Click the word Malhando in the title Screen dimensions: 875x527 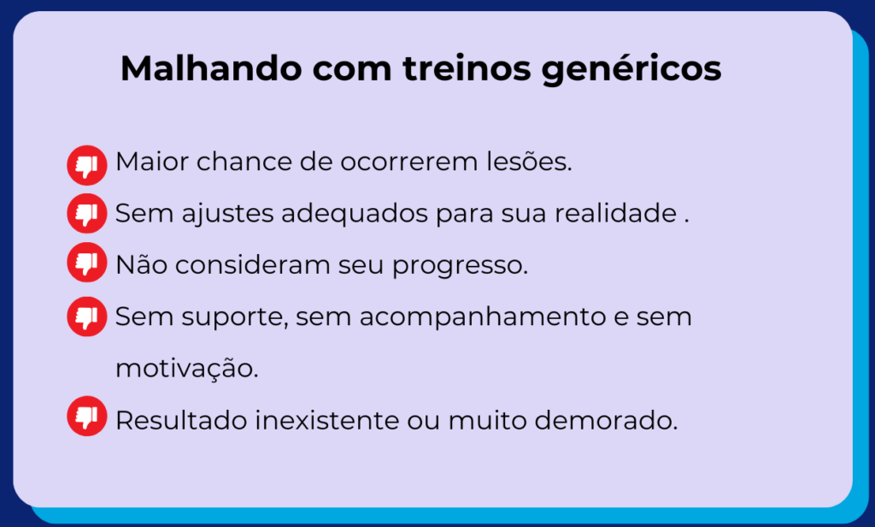click(211, 68)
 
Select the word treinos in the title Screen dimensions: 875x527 click(467, 68)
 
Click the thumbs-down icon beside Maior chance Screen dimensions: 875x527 click(87, 165)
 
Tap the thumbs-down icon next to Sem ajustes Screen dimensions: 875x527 click(87, 214)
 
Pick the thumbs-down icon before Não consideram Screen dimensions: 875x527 click(87, 262)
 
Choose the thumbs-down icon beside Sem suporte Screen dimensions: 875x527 click(87, 317)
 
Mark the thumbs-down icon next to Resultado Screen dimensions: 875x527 click(87, 416)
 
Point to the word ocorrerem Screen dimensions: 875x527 click(409, 163)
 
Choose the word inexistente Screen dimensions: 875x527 click(327, 420)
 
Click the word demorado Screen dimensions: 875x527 click(606, 420)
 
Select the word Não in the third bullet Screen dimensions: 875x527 click(141, 264)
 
